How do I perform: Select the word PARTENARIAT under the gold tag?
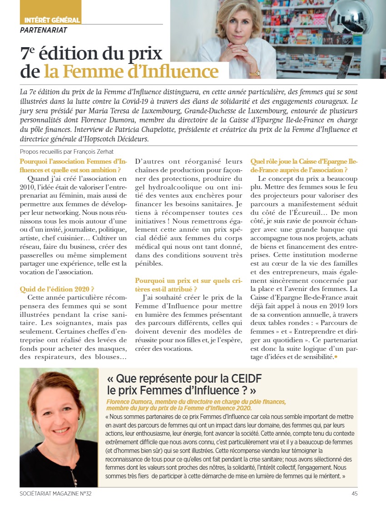[x=44, y=30]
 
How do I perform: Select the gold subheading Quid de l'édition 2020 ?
[x=57, y=289]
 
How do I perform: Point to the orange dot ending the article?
[x=336, y=357]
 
